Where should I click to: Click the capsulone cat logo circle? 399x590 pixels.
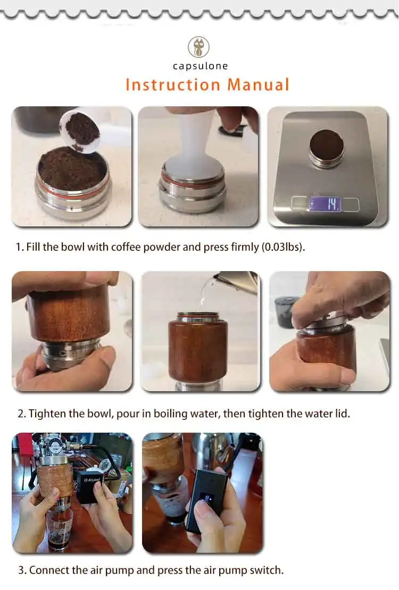pos(198,47)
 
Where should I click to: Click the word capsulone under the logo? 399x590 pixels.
pos(200,66)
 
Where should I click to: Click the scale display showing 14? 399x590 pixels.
pos(326,204)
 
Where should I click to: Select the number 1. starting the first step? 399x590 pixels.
pos(20,248)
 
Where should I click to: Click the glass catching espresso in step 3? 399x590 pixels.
pos(60,526)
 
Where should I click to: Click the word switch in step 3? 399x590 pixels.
pos(266,570)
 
